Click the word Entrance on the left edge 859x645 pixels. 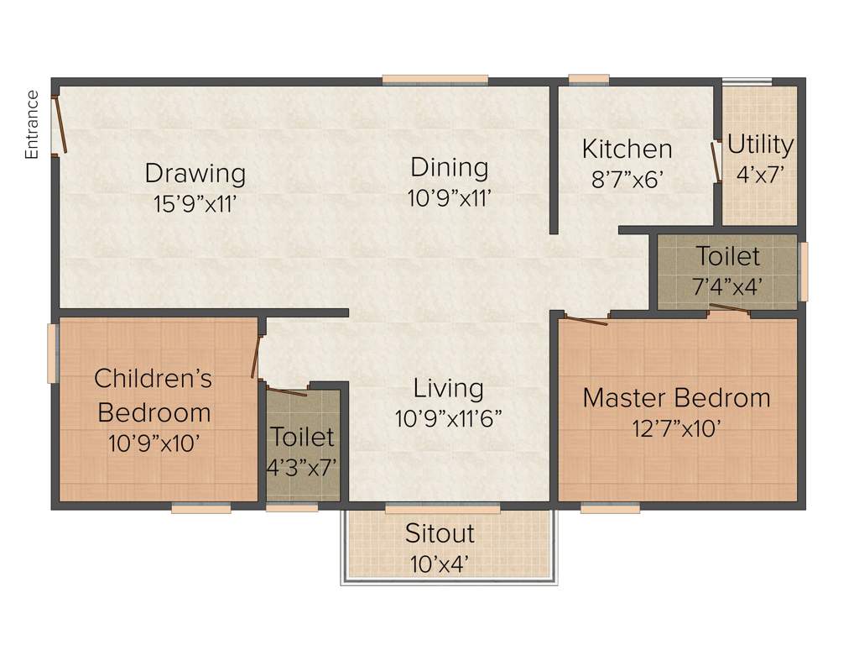[x=32, y=124]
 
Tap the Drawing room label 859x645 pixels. [x=195, y=173]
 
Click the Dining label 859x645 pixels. [x=449, y=167]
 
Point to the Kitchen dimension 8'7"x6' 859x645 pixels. [x=627, y=178]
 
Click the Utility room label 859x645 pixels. [x=760, y=144]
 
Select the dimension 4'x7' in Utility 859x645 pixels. [x=760, y=175]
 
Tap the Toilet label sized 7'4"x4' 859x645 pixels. [x=727, y=256]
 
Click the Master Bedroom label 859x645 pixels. [x=676, y=397]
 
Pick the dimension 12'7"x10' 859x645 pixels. [x=676, y=428]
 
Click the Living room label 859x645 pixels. [x=449, y=388]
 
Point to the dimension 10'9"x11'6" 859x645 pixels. [x=449, y=418]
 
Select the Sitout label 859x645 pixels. [x=440, y=533]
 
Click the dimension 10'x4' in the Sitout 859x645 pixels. [x=440, y=563]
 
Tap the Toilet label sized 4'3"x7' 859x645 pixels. [x=302, y=437]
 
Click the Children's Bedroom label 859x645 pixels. [x=154, y=395]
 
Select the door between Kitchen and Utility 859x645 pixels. [x=716, y=161]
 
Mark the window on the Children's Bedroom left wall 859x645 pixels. [x=52, y=353]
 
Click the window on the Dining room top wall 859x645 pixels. [x=435, y=80]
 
